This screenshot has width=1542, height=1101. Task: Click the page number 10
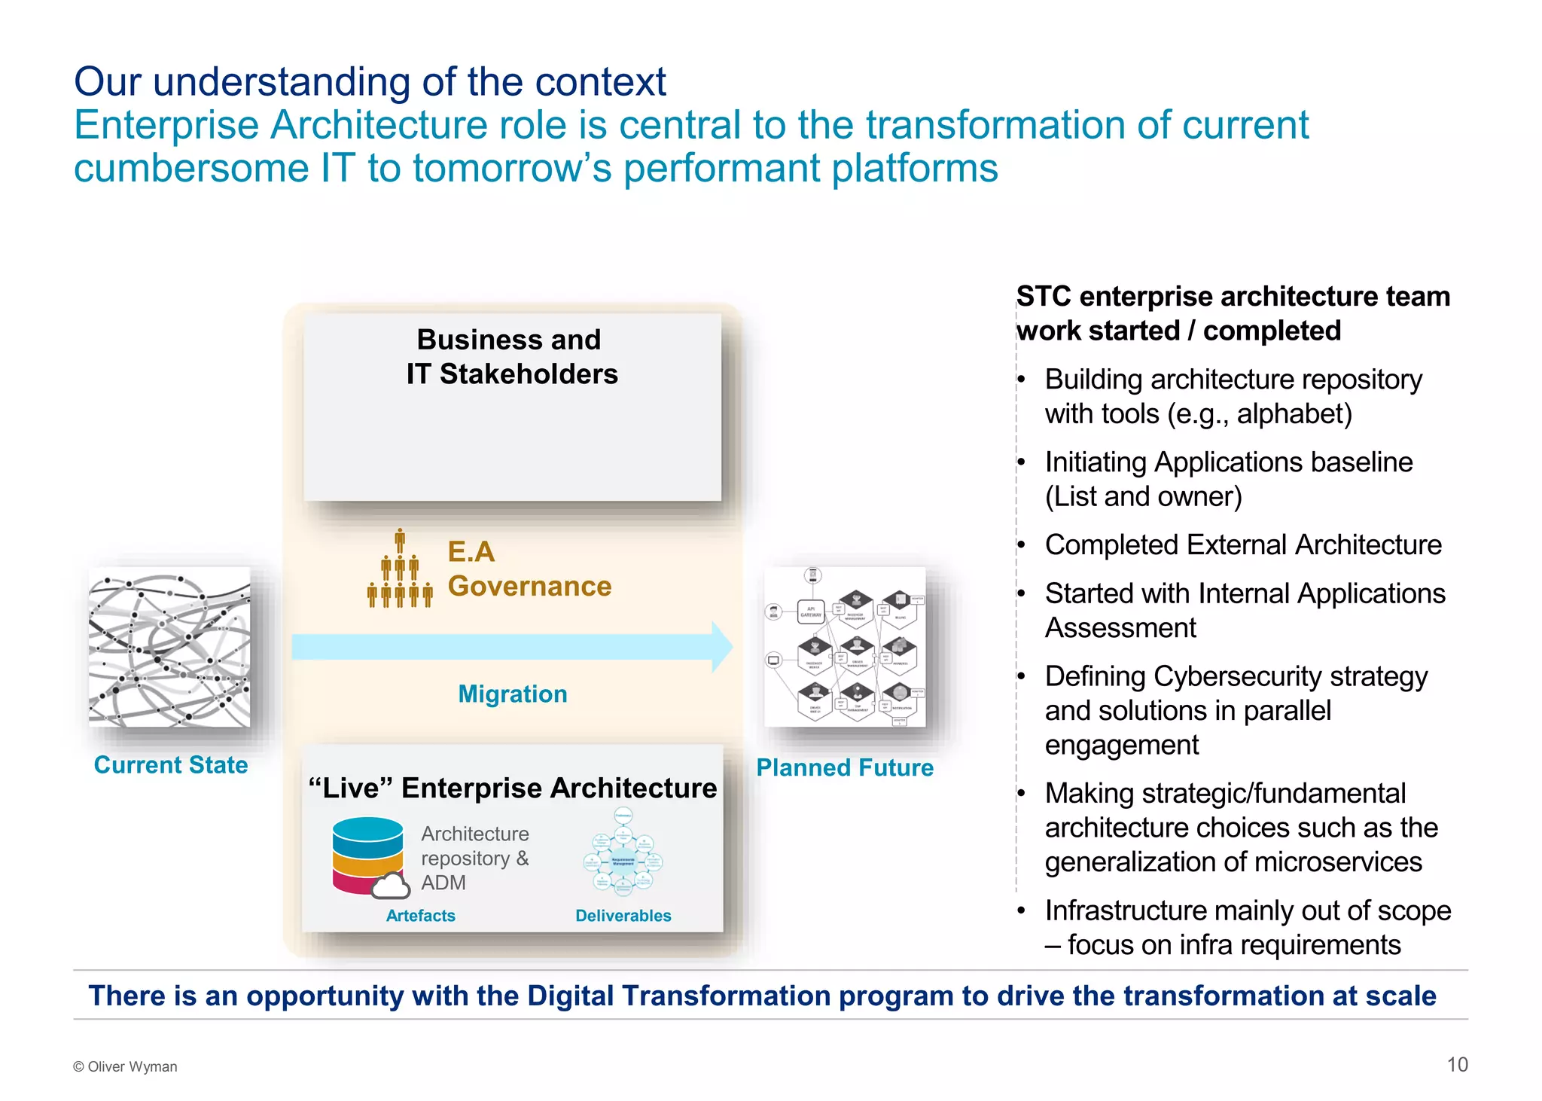tap(1457, 1064)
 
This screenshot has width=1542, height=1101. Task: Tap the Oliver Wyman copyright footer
tap(125, 1066)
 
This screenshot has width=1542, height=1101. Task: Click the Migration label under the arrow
tap(513, 694)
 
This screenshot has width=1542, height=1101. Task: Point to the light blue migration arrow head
tap(721, 647)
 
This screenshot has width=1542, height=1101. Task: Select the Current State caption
tap(171, 764)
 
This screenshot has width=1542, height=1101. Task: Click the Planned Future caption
tap(845, 767)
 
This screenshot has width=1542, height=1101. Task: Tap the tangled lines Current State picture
tap(169, 647)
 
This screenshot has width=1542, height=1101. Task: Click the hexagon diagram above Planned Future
tap(845, 647)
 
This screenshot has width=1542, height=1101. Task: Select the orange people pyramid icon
tap(400, 570)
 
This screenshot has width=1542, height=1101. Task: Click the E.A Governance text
tap(529, 569)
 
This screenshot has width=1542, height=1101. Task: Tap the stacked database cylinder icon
tap(367, 854)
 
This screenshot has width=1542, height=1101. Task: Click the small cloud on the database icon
tap(390, 886)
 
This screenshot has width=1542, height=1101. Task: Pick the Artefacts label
tap(420, 916)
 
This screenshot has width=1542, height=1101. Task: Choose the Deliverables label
tap(623, 916)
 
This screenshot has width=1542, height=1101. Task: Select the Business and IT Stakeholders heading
tap(511, 357)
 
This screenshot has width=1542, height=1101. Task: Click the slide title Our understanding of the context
tap(370, 81)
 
